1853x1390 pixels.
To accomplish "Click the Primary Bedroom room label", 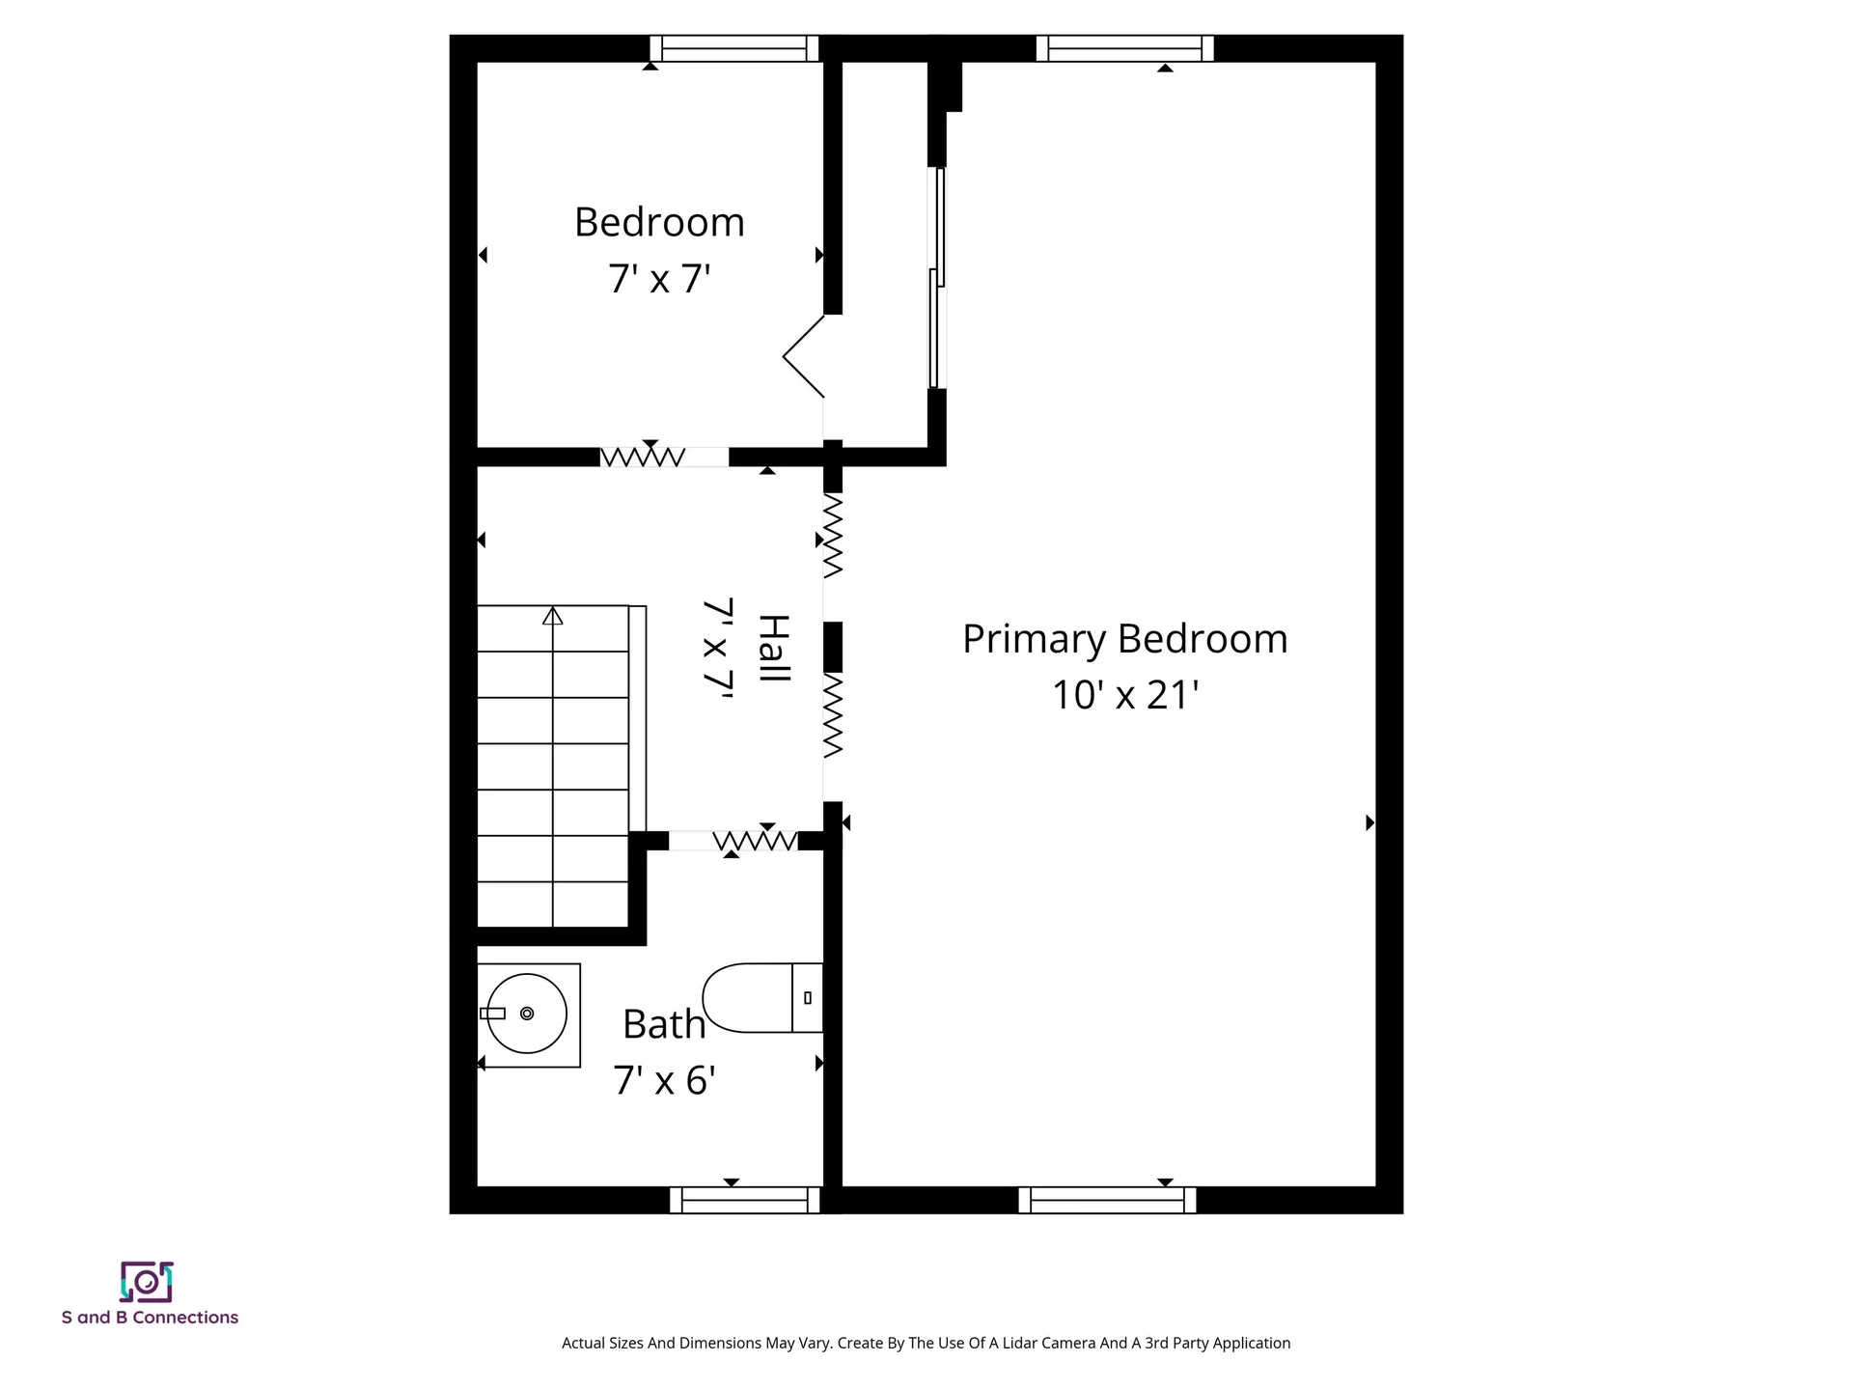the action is (1125, 640).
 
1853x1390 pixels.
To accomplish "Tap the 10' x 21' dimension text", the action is (1125, 695).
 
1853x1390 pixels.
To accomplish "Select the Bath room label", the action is (664, 1024).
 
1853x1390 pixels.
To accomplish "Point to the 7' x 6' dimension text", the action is (664, 1080).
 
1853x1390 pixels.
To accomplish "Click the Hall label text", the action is (774, 648).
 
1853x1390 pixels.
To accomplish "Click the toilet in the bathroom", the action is (762, 997).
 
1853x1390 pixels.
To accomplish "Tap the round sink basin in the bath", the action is (526, 1014).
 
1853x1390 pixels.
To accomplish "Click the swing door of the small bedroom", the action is (803, 356).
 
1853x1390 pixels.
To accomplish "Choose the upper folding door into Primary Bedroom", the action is (833, 537).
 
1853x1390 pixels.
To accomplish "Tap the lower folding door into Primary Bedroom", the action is (833, 715).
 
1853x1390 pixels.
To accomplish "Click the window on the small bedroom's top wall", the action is (734, 48).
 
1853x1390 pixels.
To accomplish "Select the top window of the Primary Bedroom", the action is (1125, 48).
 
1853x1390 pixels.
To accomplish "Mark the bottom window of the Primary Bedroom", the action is (1107, 1200).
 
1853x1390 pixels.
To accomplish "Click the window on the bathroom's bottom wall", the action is (745, 1200).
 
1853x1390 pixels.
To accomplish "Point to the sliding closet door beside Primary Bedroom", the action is (936, 278).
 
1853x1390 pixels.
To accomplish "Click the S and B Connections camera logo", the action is (147, 1282).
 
